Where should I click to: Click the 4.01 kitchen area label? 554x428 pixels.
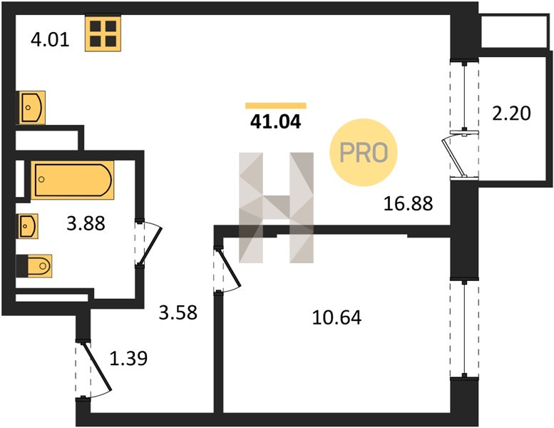pyautogui.click(x=50, y=39)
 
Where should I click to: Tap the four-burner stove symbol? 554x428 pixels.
pyautogui.click(x=103, y=34)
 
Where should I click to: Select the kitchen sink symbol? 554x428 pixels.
pyautogui.click(x=32, y=108)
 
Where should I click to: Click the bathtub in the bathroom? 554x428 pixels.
pyautogui.click(x=73, y=180)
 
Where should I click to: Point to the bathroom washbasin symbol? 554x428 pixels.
pyautogui.click(x=29, y=226)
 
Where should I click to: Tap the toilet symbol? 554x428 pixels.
pyautogui.click(x=34, y=266)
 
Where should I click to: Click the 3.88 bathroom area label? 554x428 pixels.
pyautogui.click(x=86, y=224)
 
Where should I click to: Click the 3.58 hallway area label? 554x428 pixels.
pyautogui.click(x=178, y=312)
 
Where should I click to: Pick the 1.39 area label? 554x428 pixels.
pyautogui.click(x=128, y=359)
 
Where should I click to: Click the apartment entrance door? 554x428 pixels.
pyautogui.click(x=93, y=370)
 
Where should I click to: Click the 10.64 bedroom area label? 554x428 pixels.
pyautogui.click(x=337, y=317)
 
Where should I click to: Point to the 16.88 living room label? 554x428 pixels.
pyautogui.click(x=408, y=204)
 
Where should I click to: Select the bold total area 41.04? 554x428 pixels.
pyautogui.click(x=276, y=122)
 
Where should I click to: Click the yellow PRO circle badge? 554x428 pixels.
pyautogui.click(x=364, y=153)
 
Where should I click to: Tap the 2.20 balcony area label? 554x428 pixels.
pyautogui.click(x=512, y=114)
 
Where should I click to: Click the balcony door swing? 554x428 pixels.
pyautogui.click(x=459, y=155)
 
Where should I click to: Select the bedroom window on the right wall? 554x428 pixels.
pyautogui.click(x=464, y=330)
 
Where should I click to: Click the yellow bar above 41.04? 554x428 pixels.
pyautogui.click(x=276, y=106)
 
